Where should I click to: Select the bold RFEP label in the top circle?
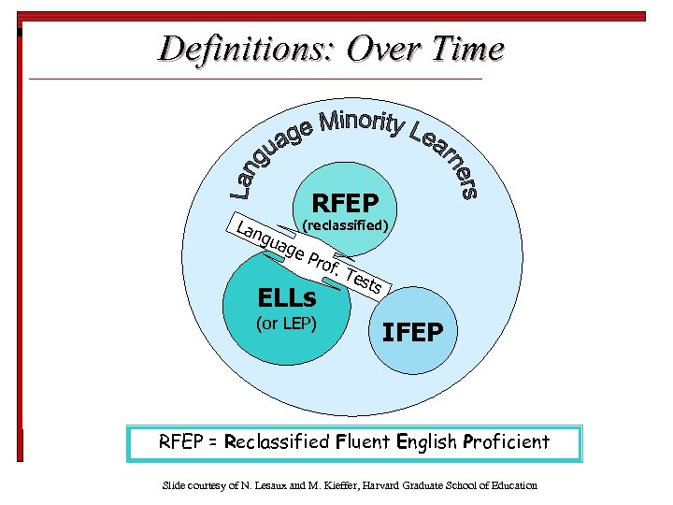coord(345,203)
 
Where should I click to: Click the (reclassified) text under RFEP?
coord(347,225)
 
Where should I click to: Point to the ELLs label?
coord(286,299)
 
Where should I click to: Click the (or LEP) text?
coord(286,325)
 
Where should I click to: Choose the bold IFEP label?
coord(420,333)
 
